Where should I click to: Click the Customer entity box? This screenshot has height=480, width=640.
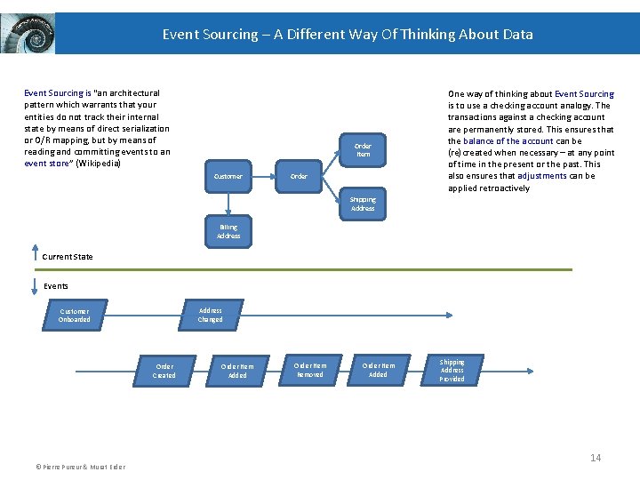[x=228, y=176]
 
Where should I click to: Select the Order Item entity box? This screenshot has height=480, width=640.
[x=363, y=150]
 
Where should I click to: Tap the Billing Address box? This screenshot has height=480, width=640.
[x=228, y=232]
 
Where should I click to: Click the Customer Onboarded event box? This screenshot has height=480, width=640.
[x=75, y=316]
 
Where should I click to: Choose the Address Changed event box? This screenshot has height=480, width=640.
[x=211, y=315]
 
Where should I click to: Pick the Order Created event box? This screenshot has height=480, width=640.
[x=164, y=371]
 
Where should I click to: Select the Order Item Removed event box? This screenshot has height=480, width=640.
[x=309, y=370]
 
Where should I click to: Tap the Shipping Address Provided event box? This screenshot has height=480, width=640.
[x=452, y=370]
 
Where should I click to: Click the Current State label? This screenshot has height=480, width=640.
[x=68, y=257]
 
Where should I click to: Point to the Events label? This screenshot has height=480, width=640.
[x=56, y=286]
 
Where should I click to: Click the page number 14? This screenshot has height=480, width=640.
[x=596, y=458]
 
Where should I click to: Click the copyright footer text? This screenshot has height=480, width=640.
[x=81, y=467]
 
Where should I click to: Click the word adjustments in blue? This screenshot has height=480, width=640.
[x=541, y=176]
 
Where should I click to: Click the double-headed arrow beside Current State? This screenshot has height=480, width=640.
[x=33, y=258]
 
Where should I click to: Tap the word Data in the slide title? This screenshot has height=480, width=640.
[x=516, y=35]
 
